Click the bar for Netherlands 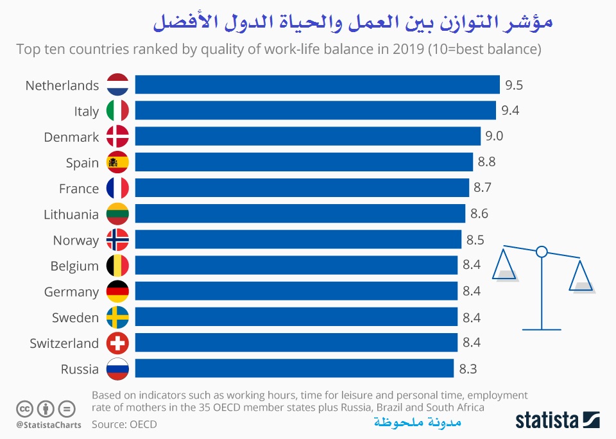tap(317, 85)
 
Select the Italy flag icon tap(117, 111)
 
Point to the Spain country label tap(82, 162)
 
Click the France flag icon tap(117, 188)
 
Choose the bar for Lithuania tap(300, 214)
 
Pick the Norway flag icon tap(117, 240)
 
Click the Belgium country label tap(74, 266)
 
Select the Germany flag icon tap(117, 291)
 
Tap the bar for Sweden tap(296, 317)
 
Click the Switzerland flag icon tap(117, 343)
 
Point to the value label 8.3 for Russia tap(468, 369)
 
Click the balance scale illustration tap(542, 282)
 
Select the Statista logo tap(558, 420)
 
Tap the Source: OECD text tap(124, 424)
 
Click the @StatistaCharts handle tap(49, 424)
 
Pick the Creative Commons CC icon tap(24, 408)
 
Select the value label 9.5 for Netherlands tap(513, 85)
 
